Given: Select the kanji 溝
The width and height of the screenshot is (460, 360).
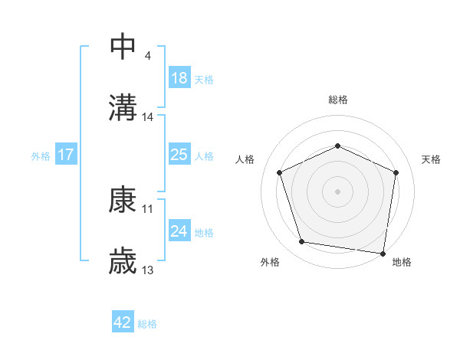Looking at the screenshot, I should (x=123, y=107).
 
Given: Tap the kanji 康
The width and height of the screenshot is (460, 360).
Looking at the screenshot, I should (x=123, y=200).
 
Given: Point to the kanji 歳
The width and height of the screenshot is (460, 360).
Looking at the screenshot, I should (x=123, y=262).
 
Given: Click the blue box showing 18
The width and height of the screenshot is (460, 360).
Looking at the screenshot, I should (x=179, y=78).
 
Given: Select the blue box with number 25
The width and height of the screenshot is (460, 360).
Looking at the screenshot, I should (x=179, y=155).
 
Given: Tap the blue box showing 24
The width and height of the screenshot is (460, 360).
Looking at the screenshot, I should (x=179, y=231).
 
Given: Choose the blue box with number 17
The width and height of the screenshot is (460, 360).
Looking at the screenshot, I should (x=66, y=155).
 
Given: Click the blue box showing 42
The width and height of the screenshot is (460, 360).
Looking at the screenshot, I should (x=123, y=323).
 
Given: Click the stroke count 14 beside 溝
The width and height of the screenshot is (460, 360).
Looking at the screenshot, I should (x=148, y=116).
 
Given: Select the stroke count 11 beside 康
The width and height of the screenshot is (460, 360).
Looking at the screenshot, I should (x=148, y=208).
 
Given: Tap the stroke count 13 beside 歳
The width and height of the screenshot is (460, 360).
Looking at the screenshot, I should (x=148, y=270).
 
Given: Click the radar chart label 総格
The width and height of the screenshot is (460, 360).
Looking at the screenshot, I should (x=337, y=100).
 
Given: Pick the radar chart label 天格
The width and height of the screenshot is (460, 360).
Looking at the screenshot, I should (x=432, y=159).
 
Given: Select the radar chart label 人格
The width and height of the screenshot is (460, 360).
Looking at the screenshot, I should (x=245, y=159).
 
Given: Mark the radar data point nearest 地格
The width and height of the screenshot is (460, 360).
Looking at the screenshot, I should (x=383, y=253).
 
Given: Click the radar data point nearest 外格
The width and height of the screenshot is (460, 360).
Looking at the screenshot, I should (x=302, y=242).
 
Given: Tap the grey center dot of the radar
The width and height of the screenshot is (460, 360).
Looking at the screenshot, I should (x=337, y=191).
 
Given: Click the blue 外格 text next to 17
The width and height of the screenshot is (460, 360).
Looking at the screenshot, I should (x=41, y=156).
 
